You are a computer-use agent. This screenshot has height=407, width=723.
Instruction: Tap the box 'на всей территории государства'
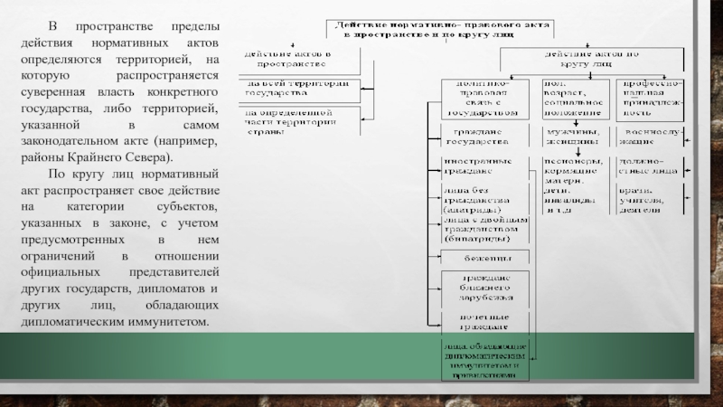point(296,88)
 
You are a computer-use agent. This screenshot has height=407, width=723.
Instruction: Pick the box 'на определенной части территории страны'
point(296,120)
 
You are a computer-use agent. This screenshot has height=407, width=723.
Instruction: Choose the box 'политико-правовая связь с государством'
point(480,99)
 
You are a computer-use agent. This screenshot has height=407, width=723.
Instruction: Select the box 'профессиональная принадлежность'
point(649,99)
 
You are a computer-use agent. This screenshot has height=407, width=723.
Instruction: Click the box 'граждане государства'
point(480,137)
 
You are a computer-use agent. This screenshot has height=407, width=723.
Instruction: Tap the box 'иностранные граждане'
point(480,166)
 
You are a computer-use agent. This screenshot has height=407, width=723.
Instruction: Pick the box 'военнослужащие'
point(649,137)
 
